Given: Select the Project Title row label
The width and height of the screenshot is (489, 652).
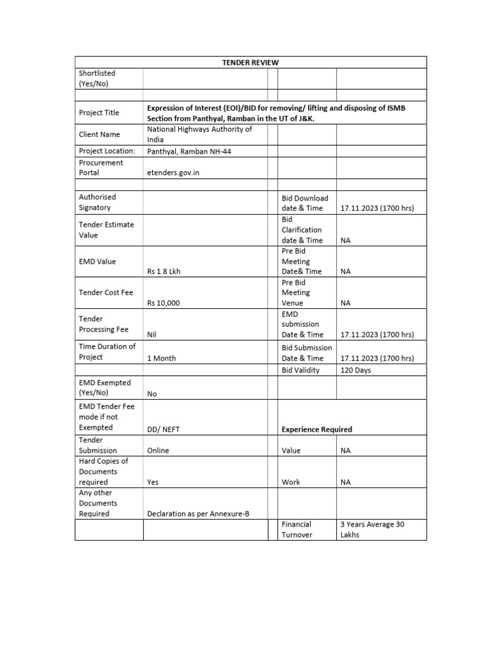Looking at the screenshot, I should coord(99,113).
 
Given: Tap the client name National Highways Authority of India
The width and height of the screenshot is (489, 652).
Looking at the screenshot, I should coord(199,134).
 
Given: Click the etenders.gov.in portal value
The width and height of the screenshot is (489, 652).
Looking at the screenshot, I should coord(173,173).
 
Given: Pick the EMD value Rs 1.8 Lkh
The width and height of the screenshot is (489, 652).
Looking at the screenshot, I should coord(165,271).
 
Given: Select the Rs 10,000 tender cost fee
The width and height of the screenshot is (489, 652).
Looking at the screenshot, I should coord(164,303).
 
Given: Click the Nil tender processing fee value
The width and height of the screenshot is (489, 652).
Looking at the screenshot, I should coord(152,334).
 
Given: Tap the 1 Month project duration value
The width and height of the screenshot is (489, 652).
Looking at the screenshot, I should coord(161,358).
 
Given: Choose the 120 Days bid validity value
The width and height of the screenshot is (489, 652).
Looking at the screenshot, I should coord(356,370).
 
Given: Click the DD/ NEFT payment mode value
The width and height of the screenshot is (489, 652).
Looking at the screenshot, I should coord(164,429).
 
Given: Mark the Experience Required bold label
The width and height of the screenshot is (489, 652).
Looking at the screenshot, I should coord(316,429).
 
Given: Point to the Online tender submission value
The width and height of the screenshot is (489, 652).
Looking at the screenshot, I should coord(158,450).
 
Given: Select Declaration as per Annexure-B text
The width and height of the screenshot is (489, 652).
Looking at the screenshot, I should coord(194,514).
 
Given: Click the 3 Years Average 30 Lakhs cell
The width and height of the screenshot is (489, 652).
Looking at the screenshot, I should coord(372,530).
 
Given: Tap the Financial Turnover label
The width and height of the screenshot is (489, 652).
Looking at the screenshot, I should coord(297,530).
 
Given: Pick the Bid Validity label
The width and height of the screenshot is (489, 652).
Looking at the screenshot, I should coord(301,370).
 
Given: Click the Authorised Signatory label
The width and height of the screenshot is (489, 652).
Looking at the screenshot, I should coord(97,202).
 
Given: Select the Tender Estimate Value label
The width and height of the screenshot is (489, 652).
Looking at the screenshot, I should coord(106,230).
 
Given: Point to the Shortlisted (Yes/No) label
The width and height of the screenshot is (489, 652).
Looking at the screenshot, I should coord(97,78).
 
